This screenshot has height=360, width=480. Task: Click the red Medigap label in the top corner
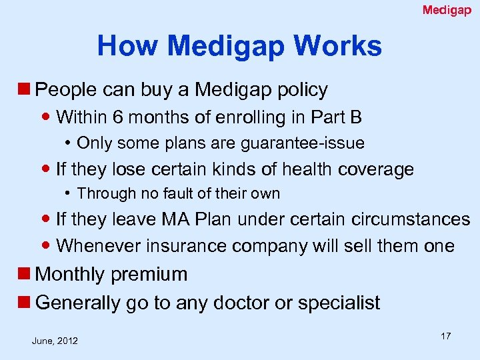pyautogui.click(x=447, y=10)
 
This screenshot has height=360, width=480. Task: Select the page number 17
pyautogui.click(x=445, y=336)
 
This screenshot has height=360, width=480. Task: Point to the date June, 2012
pyautogui.click(x=55, y=341)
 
